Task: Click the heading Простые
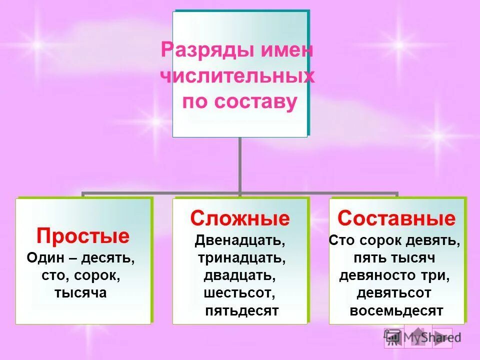click(x=83, y=235)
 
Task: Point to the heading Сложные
click(x=240, y=218)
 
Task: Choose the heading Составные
click(x=396, y=218)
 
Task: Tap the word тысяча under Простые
click(x=81, y=292)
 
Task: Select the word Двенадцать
click(x=240, y=240)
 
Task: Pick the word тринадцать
click(x=241, y=258)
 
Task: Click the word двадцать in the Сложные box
click(x=238, y=275)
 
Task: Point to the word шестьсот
click(x=239, y=293)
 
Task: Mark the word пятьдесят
click(x=241, y=310)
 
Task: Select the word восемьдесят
click(x=396, y=310)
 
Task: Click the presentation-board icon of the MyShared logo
click(x=393, y=337)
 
